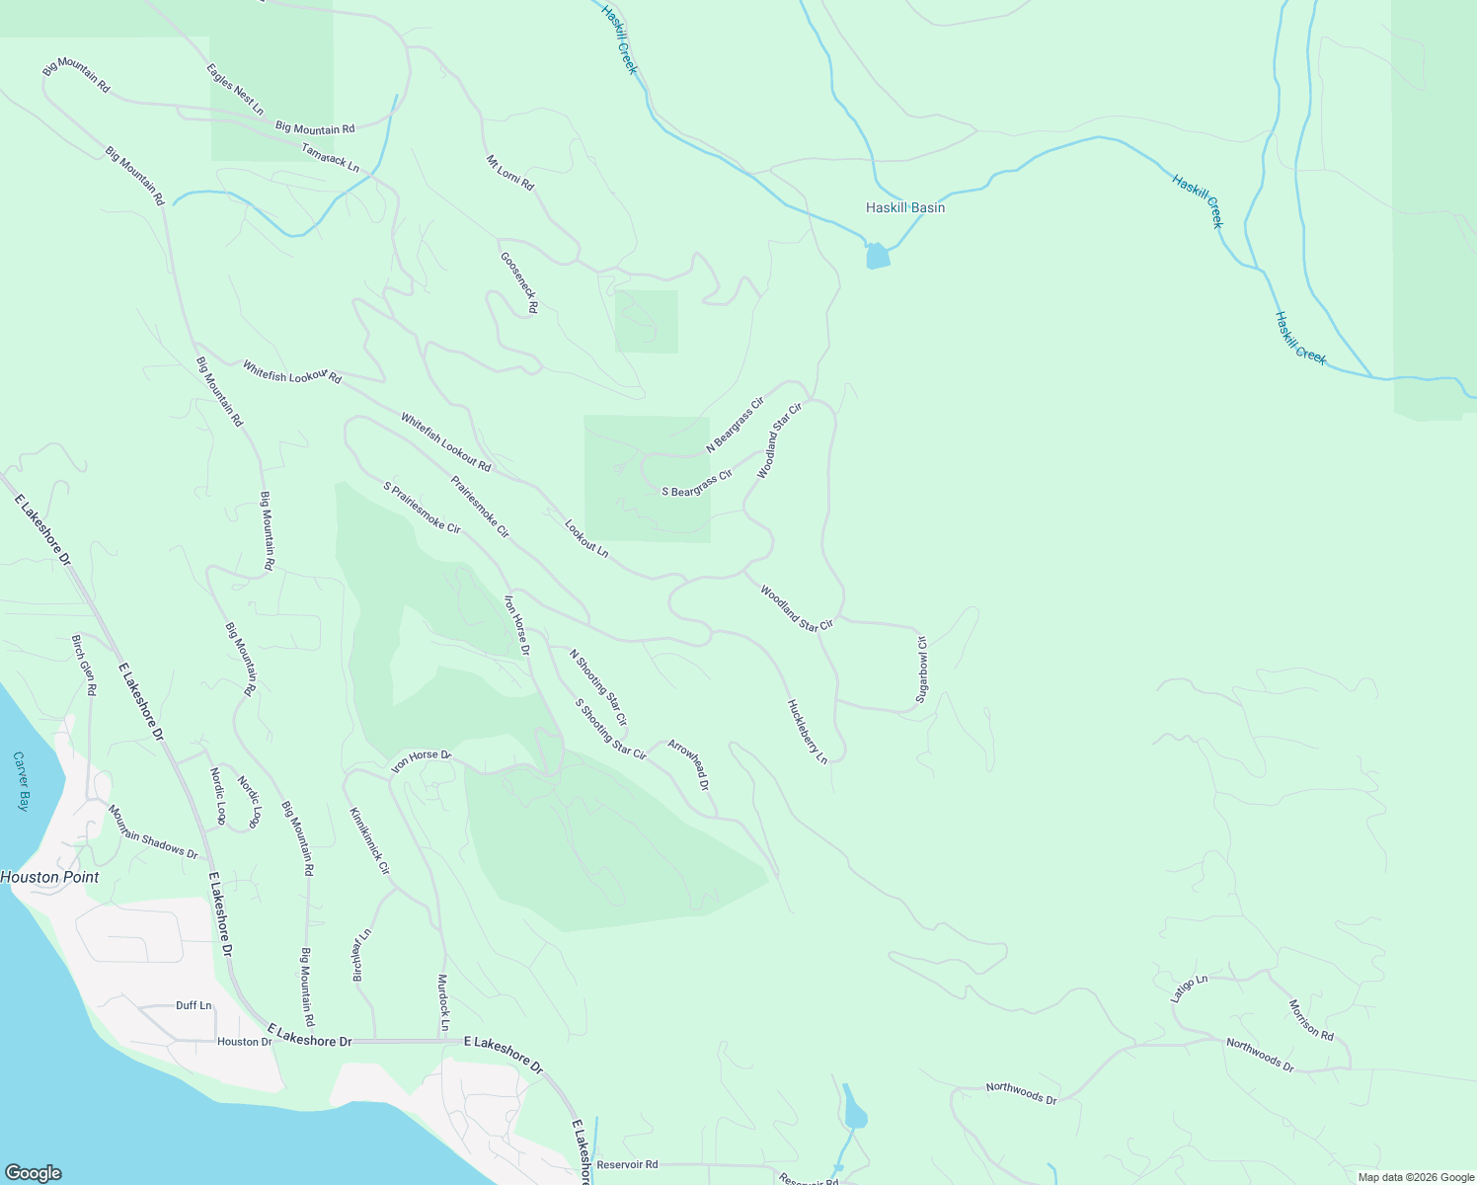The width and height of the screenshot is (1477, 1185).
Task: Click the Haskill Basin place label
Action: (x=904, y=208)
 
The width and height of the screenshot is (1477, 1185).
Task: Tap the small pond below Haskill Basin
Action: (x=877, y=256)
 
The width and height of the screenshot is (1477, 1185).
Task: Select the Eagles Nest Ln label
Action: (x=235, y=89)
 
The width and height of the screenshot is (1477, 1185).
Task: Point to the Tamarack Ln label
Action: (x=330, y=157)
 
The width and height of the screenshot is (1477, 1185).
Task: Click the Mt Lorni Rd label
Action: (x=509, y=173)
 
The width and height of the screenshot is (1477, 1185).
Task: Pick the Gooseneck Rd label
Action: (x=519, y=283)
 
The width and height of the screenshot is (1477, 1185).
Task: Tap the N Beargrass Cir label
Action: (x=736, y=426)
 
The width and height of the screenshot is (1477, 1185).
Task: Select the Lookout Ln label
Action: (x=586, y=537)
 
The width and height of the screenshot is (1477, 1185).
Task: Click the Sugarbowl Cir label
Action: (x=922, y=669)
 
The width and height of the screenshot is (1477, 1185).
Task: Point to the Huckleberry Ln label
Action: (x=807, y=732)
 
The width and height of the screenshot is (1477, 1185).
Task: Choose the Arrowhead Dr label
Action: (x=688, y=765)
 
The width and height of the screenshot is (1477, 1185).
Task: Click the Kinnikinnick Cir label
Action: (x=369, y=841)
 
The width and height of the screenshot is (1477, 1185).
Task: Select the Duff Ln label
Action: (x=194, y=1005)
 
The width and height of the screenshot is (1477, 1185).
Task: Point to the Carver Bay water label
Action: (x=22, y=781)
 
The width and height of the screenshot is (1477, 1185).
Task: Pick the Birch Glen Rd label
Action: (x=83, y=666)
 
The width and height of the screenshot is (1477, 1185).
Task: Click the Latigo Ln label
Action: (x=1189, y=988)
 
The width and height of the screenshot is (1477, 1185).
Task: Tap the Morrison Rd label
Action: (x=1311, y=1020)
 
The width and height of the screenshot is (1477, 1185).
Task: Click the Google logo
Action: (x=34, y=1173)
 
